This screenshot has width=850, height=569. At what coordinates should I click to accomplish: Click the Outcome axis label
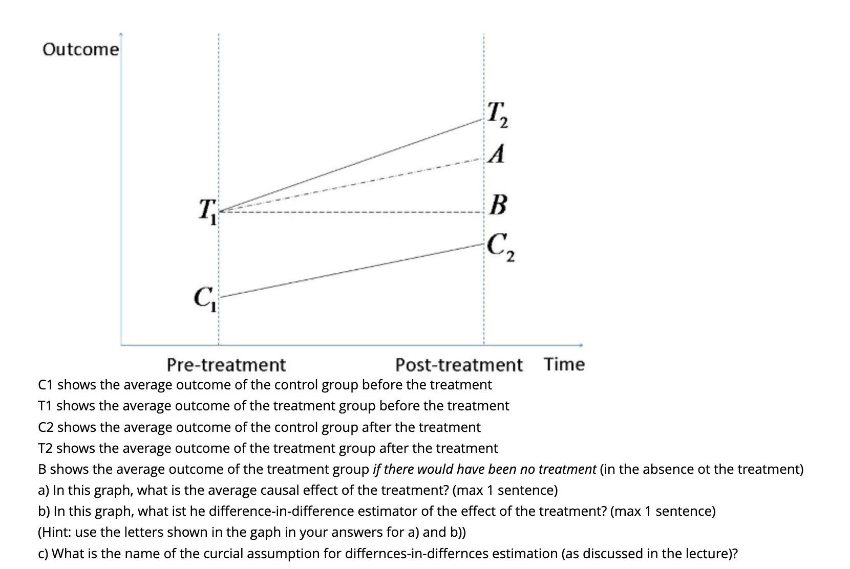click(x=80, y=50)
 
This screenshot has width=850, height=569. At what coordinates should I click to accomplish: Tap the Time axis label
click(x=564, y=364)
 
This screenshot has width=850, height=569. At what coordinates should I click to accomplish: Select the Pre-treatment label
click(x=226, y=365)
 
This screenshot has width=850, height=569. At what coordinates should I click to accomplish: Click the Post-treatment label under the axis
click(x=459, y=365)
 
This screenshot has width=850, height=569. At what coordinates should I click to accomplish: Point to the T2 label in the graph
click(x=497, y=115)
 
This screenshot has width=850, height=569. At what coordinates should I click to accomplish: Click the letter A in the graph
click(x=496, y=154)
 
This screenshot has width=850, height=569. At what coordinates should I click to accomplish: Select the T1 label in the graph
click(x=207, y=211)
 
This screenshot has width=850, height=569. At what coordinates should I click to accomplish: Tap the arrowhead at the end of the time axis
click(x=581, y=345)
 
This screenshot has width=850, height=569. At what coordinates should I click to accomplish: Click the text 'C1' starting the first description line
click(x=46, y=385)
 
